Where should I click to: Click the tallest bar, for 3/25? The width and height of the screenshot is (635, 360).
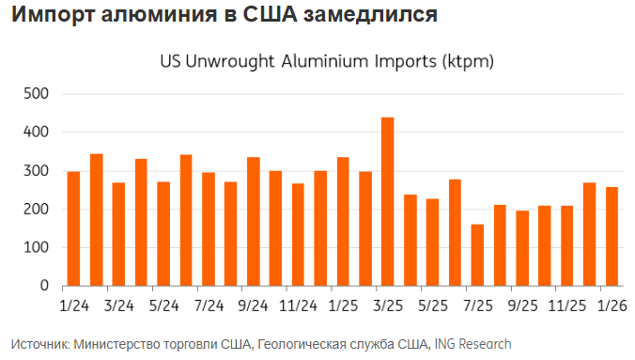(387, 201)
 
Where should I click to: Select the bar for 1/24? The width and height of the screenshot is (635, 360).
(73, 228)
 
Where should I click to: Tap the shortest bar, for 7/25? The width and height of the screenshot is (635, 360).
(477, 255)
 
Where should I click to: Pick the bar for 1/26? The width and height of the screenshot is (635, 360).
(612, 236)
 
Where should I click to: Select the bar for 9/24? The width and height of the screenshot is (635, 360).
(253, 221)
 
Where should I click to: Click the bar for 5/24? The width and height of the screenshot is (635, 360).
(163, 233)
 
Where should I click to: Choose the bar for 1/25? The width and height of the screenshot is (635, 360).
(342, 221)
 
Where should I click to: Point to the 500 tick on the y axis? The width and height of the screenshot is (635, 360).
(36, 94)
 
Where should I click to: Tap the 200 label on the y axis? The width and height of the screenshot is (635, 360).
(36, 210)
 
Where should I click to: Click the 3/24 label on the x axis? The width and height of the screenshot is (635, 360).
(118, 305)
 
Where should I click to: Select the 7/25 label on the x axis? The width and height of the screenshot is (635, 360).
(477, 305)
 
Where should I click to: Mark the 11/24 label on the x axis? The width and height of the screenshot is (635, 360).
(298, 305)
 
